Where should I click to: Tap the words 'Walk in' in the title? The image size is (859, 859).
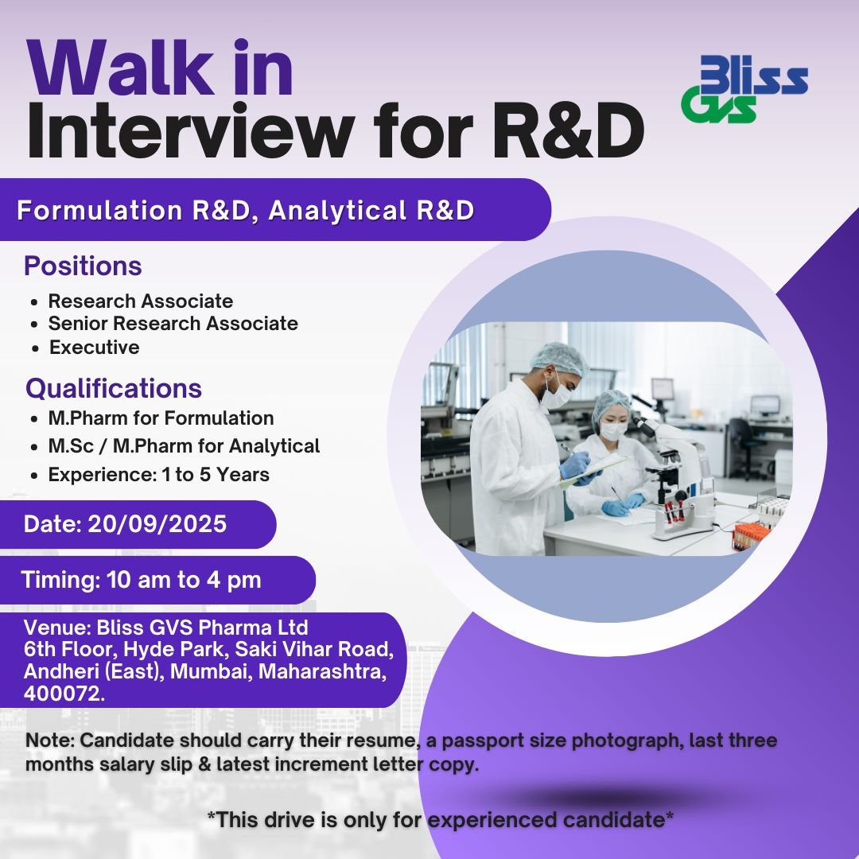[160, 68]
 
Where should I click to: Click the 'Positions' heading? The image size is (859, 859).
[83, 266]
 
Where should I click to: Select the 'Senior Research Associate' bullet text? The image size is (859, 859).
[173, 323]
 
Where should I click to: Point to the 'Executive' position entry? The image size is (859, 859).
[94, 348]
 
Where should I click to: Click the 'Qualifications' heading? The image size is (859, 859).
[114, 388]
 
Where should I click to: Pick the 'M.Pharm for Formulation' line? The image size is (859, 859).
[161, 418]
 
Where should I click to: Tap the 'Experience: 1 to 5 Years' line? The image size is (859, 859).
[159, 474]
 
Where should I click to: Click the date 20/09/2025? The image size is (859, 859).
[157, 523]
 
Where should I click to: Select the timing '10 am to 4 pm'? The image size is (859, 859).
[184, 580]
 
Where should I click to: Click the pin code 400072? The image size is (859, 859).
[64, 694]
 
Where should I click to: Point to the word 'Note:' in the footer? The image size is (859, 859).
[50, 740]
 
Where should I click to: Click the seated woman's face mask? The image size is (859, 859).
[613, 431]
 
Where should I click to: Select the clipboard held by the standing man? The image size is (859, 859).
[595, 469]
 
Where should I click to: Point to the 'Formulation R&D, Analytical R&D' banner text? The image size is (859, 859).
[246, 210]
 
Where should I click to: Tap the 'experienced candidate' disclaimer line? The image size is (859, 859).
[440, 820]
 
